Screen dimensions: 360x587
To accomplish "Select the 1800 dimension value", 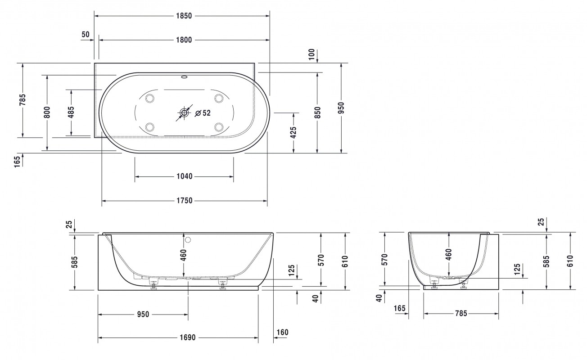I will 184,40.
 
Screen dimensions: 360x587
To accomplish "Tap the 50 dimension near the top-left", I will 86,34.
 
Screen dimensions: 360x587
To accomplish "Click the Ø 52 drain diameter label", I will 203,113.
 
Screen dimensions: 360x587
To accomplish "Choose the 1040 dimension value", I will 185,176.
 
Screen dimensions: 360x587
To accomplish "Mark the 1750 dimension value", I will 185,201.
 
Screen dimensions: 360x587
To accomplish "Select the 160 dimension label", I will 282,333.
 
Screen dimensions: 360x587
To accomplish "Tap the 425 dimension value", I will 293,133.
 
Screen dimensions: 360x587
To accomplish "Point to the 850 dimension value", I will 317,112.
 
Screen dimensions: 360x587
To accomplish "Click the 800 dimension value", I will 47,112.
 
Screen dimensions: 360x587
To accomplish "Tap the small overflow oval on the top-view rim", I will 184,77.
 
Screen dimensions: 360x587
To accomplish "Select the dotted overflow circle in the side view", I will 188,239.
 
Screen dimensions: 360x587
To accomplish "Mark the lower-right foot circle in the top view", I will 219,126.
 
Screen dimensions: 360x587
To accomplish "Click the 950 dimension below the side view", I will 143,314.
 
